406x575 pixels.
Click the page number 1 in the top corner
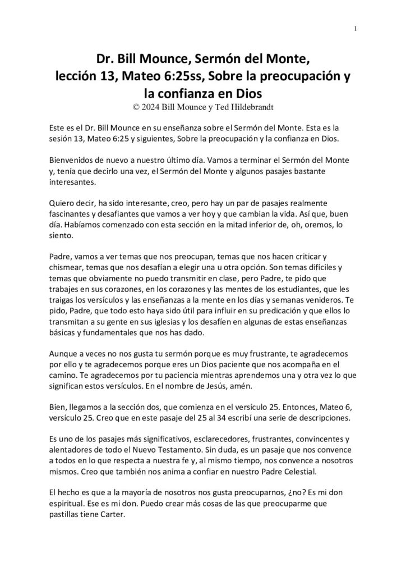pos(356,29)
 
